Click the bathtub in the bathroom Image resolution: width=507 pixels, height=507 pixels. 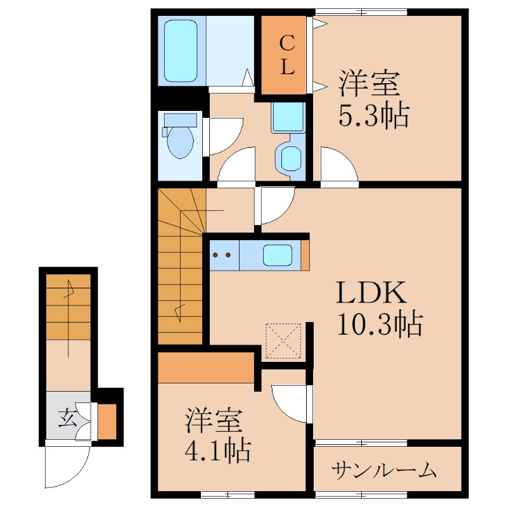click(x=181, y=51)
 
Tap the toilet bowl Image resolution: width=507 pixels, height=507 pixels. click(x=180, y=141)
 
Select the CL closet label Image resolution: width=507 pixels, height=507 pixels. click(x=287, y=55)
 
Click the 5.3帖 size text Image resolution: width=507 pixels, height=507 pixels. click(x=373, y=115)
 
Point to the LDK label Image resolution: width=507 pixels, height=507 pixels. click(x=371, y=292)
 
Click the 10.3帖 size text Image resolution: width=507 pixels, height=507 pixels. click(x=380, y=324)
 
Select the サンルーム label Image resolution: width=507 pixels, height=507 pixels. click(x=384, y=470)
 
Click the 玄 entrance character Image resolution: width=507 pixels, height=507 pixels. click(x=68, y=418)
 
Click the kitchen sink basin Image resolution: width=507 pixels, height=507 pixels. click(x=278, y=255)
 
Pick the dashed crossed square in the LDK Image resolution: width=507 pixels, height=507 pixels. click(x=283, y=341)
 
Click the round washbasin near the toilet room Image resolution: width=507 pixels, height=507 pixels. click(x=291, y=158)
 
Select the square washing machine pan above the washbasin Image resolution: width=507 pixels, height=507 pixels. click(x=288, y=117)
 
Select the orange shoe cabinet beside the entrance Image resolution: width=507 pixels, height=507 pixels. click(x=107, y=421)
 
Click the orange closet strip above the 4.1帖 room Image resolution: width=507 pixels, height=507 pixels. click(x=206, y=368)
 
